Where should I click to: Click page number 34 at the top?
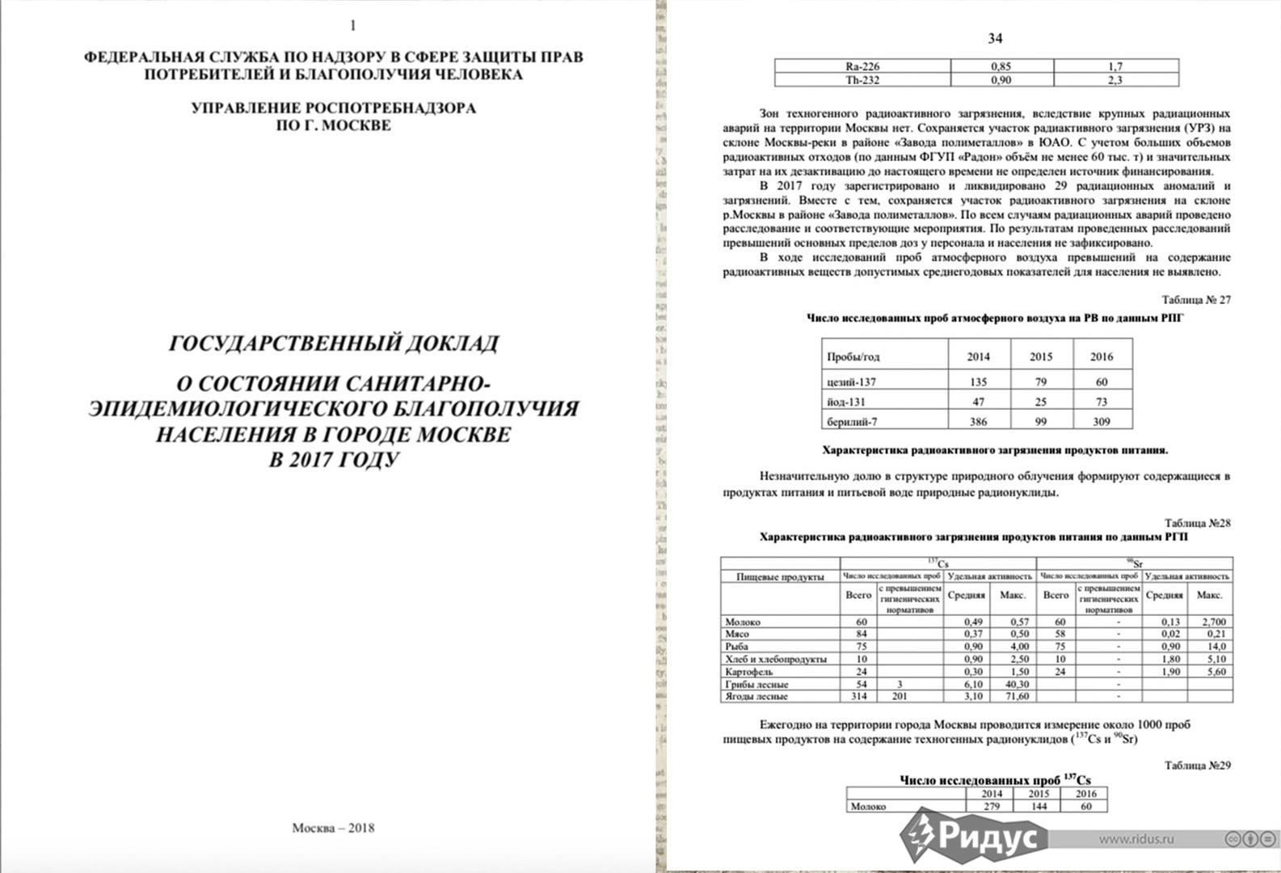tap(995, 39)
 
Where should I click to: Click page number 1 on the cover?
tap(352, 25)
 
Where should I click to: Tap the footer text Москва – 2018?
tap(333, 828)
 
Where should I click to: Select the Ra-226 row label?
tap(862, 66)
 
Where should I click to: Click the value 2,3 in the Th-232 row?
tap(1115, 80)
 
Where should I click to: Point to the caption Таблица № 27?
tap(1196, 300)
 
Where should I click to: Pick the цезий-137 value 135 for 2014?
tap(978, 382)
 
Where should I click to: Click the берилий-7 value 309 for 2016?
tap(1101, 421)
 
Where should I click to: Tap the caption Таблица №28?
tap(1197, 523)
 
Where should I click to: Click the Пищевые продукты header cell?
tap(780, 576)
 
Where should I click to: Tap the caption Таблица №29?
tap(1197, 765)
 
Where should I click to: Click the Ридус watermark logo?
tap(973, 833)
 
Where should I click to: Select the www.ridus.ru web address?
tap(1135, 838)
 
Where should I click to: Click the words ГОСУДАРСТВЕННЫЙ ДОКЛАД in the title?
tap(333, 344)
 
